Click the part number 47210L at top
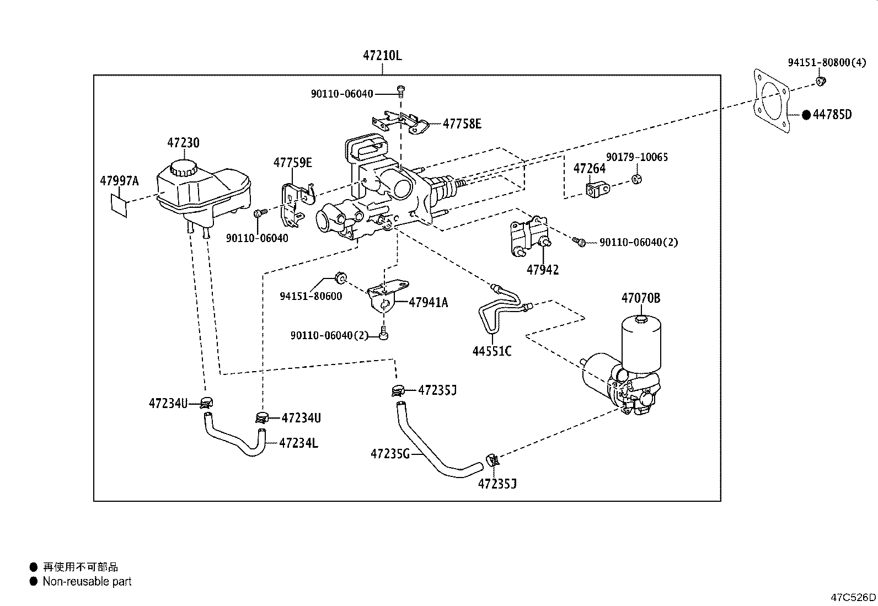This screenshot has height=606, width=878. [382, 56]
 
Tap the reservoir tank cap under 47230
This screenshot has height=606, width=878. [183, 167]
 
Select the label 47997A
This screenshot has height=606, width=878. [119, 181]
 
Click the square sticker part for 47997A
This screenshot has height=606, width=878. [120, 205]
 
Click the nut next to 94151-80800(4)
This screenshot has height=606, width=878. [821, 82]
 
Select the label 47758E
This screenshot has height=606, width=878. [462, 124]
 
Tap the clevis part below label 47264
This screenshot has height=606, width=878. [598, 191]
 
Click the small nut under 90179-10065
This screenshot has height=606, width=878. [636, 179]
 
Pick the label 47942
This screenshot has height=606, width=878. [542, 270]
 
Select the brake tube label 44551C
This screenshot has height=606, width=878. [492, 351]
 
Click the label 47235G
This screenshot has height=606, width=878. [390, 454]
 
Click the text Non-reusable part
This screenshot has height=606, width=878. [87, 581]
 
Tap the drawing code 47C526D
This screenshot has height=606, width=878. [853, 597]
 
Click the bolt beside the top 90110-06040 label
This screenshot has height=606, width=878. [401, 90]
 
